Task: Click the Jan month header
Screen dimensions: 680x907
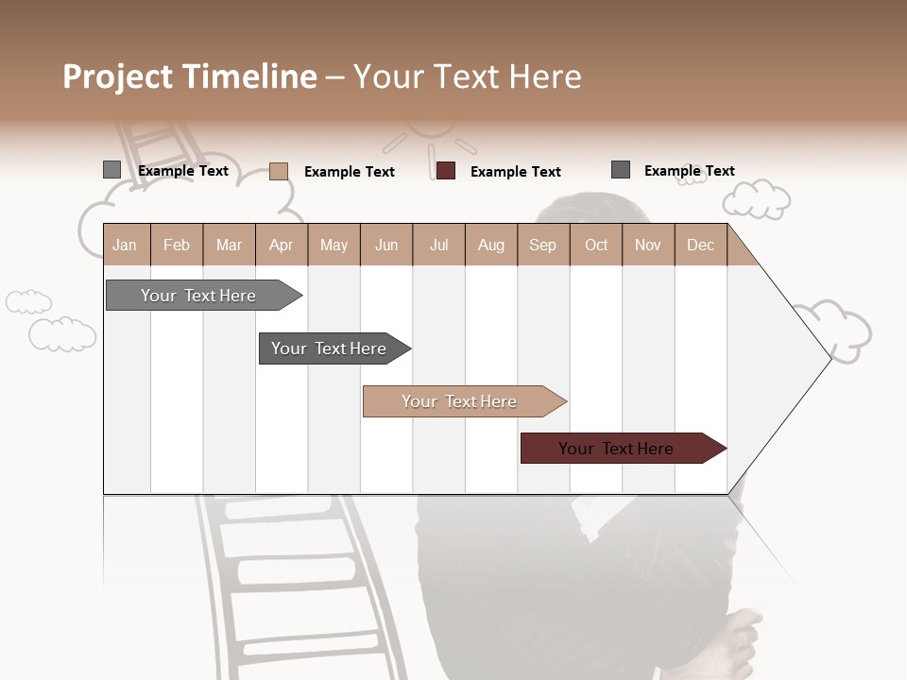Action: (125, 245)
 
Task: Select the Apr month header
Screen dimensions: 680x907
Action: (282, 245)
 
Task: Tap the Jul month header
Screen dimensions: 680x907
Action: (438, 245)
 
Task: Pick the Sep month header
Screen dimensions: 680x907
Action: (542, 245)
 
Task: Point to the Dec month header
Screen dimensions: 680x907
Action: (700, 245)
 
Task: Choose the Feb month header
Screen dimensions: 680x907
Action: (177, 245)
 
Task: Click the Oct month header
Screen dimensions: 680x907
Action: (596, 245)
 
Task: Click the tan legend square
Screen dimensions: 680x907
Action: (278, 171)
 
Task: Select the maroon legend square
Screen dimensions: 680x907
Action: (446, 170)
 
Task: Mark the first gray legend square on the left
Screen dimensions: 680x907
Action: (111, 170)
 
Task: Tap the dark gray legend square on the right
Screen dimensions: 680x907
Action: (620, 170)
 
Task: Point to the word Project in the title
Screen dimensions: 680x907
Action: (119, 76)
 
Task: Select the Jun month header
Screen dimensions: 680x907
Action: (386, 245)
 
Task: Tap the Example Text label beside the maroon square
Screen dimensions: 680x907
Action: (515, 171)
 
